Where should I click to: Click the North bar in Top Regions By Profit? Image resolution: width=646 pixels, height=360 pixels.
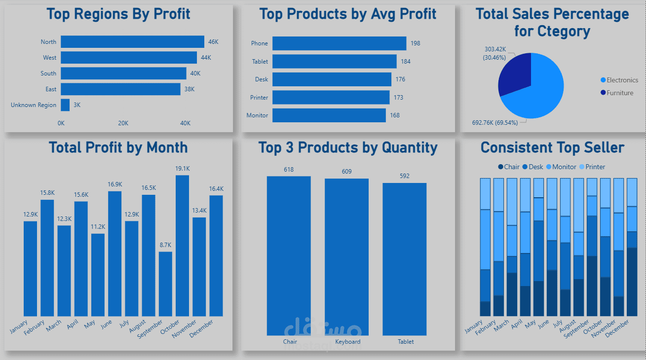click(132, 42)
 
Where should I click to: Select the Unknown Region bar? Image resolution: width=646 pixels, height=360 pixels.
click(65, 105)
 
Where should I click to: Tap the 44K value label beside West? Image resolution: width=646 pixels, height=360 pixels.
click(206, 58)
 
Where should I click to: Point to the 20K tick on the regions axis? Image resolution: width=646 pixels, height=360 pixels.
click(123, 123)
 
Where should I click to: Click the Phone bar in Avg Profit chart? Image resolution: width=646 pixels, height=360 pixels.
click(339, 43)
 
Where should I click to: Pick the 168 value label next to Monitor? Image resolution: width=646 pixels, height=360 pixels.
click(395, 115)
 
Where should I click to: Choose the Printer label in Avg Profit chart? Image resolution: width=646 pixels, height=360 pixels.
click(259, 98)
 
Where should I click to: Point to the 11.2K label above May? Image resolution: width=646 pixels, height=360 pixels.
click(98, 227)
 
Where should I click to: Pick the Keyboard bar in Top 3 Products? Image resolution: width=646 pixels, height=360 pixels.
click(346, 256)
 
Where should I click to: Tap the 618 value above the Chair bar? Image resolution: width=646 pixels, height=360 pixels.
click(289, 170)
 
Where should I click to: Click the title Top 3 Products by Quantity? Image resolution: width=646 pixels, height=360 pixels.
click(348, 147)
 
